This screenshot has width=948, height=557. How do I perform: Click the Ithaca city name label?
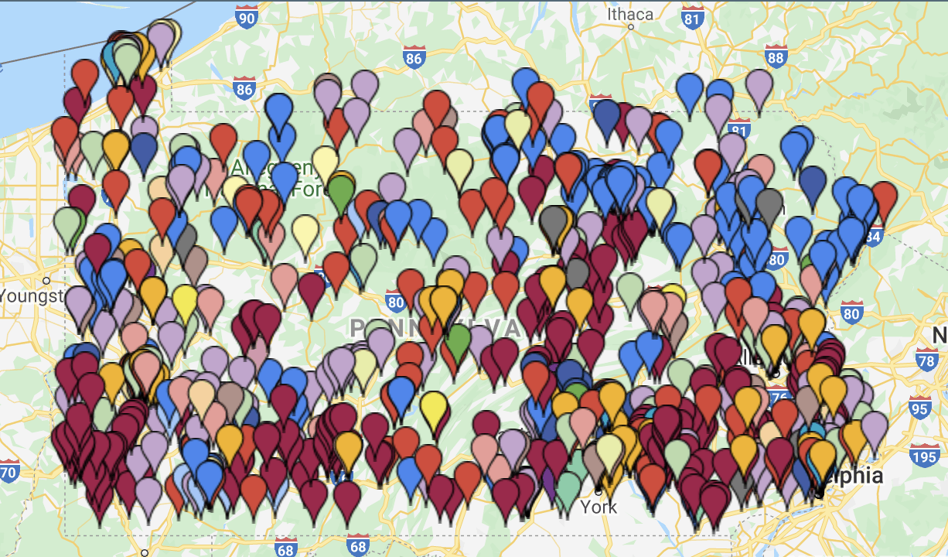(x=630, y=13)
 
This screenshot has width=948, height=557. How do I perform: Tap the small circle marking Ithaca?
(x=631, y=26)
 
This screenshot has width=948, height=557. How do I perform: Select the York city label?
(x=599, y=507)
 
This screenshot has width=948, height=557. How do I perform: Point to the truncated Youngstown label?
(x=31, y=296)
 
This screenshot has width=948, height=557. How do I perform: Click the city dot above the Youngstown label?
(x=46, y=280)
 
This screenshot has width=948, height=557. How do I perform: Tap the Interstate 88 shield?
(x=776, y=56)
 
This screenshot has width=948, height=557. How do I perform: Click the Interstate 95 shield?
(x=919, y=408)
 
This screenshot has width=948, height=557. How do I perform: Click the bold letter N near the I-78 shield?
(x=939, y=335)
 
